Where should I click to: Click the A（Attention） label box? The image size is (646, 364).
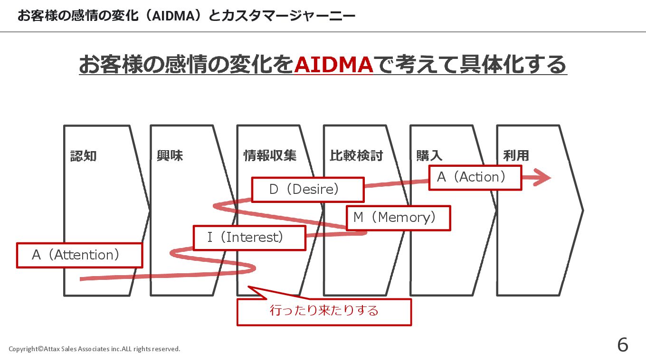tap(79, 255)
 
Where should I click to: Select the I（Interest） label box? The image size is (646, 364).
tap(249, 238)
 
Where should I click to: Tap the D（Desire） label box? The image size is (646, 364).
tap(307, 190)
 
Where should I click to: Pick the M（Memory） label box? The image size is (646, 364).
tap(398, 218)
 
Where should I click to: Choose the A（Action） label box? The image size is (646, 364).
tap(475, 177)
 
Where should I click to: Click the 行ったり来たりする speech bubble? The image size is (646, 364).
tap(324, 311)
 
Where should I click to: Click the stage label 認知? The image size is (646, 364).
tap(83, 155)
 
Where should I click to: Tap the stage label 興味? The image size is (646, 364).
tap(170, 155)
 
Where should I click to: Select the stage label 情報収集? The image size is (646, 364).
tap(269, 155)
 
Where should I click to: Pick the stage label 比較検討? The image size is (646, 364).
tap(356, 155)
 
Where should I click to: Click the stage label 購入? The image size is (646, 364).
tap(429, 155)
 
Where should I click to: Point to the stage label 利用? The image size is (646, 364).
tap(516, 155)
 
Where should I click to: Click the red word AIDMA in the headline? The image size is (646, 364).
tap(333, 65)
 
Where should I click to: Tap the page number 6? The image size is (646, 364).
tap(622, 345)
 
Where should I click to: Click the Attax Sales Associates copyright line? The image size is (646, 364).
tap(95, 349)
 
